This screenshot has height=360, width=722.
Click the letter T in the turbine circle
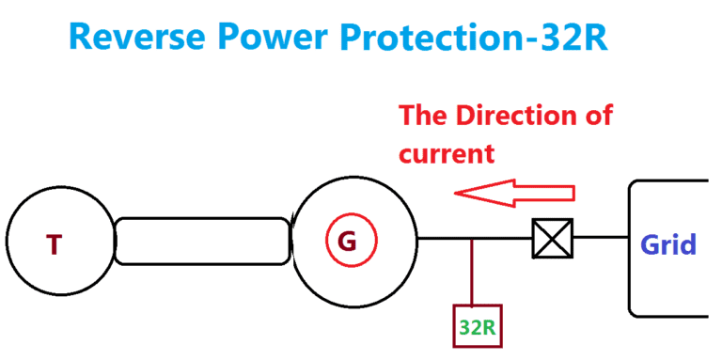55,244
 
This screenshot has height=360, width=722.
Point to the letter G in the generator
347,243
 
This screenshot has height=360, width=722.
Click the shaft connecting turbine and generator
201,241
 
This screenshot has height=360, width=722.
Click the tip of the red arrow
457,193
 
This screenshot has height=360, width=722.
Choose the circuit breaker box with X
552,238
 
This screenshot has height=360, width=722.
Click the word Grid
668,245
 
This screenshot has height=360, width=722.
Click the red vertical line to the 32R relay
472,273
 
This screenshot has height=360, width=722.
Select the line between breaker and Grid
600,238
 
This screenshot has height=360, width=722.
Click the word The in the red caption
424,117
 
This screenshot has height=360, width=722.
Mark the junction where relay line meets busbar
472,238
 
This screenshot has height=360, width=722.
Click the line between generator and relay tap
444,238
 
